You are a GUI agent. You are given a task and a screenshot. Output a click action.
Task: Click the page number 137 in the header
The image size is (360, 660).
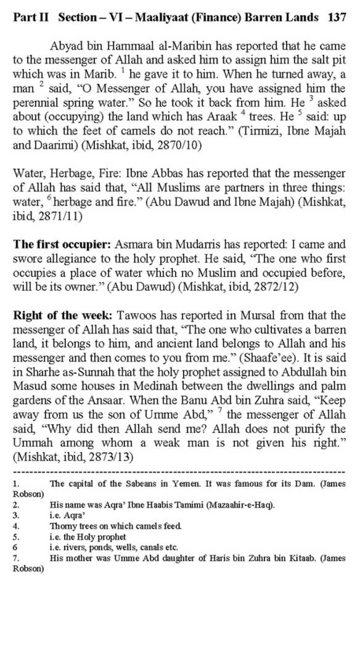336,17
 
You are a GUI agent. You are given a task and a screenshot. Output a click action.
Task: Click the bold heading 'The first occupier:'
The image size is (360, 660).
62,244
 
